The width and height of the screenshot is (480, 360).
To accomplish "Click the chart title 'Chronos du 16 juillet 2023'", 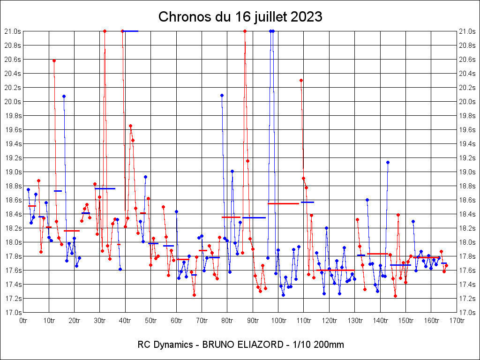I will click(240, 17).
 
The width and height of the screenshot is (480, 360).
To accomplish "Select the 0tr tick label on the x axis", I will click(23, 321).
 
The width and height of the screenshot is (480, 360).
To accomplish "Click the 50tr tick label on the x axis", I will click(150, 321).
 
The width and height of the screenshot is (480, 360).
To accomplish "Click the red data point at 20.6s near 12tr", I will click(54, 60).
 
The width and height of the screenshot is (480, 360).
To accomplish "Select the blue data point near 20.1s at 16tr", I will click(64, 96).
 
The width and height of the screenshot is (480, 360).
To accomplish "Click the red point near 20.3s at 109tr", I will click(301, 80).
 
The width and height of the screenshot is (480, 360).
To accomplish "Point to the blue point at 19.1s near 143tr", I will click(388, 162).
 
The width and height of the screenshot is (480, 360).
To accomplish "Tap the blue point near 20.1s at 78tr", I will click(222, 95).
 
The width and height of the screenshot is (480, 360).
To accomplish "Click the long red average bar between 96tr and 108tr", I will click(283, 203).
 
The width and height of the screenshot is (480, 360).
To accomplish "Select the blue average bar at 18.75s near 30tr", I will click(105, 188).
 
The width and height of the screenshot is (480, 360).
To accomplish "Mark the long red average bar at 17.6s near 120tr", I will click(335, 270).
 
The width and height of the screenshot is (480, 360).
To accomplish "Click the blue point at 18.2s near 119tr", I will click(326, 228).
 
